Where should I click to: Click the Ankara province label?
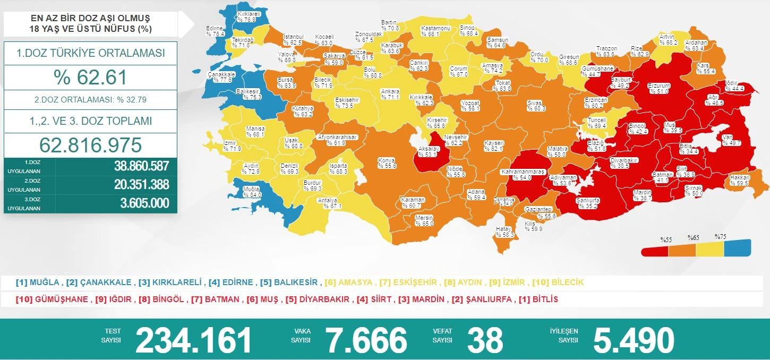coord(390,95)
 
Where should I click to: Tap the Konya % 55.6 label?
coord(387,163)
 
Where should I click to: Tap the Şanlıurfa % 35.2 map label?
coord(588,203)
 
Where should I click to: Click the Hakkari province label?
coord(740,181)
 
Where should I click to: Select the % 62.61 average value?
coord(90,78)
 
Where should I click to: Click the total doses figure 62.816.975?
coord(90,145)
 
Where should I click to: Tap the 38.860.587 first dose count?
coord(141,166)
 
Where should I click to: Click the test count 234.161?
coord(193,340)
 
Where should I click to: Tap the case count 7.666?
coord(366,340)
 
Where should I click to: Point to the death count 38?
coord(485,340)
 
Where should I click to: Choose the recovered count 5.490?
coord(634,340)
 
